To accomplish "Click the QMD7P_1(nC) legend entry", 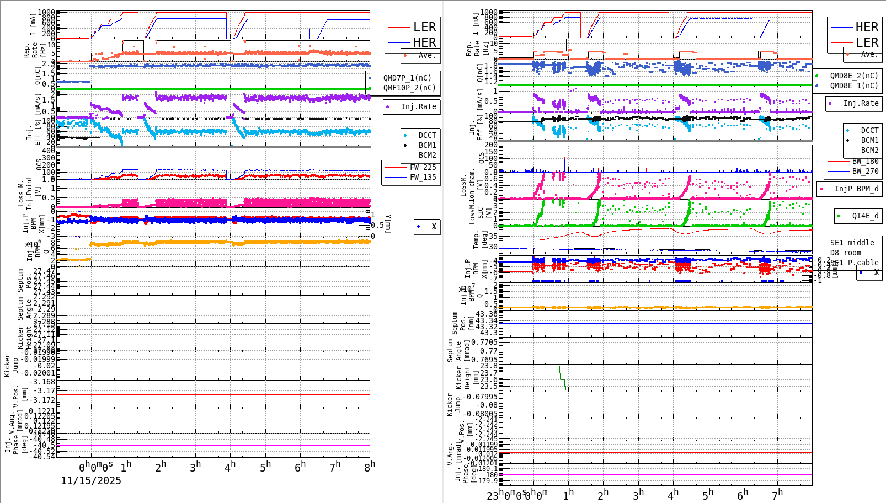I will (407, 78).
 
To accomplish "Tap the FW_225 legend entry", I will (423, 167).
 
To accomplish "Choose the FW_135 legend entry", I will (423, 177).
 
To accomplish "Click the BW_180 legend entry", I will (865, 161).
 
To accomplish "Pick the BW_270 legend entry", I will (865, 171).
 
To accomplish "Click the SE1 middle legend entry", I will (852, 243).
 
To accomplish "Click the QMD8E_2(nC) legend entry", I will (853, 76).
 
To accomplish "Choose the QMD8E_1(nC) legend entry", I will (853, 85).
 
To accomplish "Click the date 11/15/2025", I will (91, 480).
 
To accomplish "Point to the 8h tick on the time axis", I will (369, 467).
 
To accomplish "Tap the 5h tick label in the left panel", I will (265, 467).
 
